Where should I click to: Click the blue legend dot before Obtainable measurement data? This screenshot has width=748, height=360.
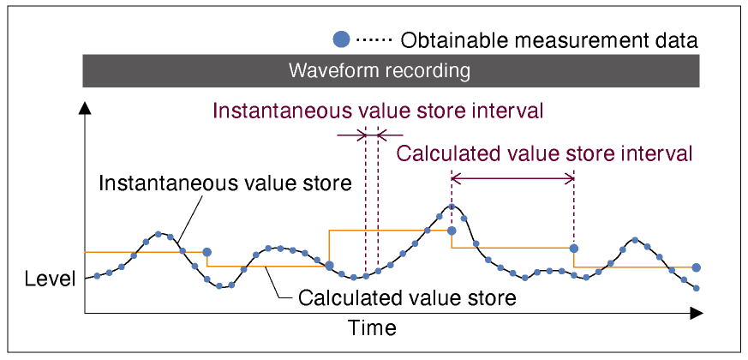(x=341, y=40)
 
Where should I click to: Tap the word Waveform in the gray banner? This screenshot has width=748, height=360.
(x=335, y=71)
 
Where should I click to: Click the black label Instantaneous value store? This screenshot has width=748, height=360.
(x=225, y=183)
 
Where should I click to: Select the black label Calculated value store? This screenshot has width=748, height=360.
(x=407, y=298)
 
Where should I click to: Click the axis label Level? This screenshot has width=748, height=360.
(x=50, y=279)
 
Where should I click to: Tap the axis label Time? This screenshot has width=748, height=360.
(x=372, y=328)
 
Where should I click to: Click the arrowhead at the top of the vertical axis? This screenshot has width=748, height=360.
(x=85, y=108)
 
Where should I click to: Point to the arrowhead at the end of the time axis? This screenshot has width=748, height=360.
(x=697, y=313)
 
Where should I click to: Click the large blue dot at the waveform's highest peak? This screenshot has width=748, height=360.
(x=452, y=231)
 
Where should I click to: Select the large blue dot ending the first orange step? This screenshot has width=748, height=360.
(x=206, y=252)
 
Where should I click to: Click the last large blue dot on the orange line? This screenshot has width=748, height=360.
(x=696, y=267)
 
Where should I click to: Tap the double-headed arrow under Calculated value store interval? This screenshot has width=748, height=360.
(x=512, y=179)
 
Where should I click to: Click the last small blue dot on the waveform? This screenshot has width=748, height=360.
(x=696, y=288)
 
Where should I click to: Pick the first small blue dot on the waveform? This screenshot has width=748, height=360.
(x=97, y=275)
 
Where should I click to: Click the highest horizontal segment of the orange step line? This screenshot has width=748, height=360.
(x=390, y=231)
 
